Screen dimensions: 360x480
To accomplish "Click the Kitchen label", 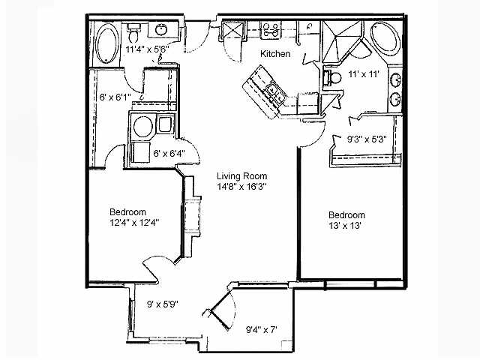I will [275, 54].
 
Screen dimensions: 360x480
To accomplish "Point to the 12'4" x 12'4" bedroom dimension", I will [133, 222].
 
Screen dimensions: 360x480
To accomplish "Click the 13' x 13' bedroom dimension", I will [345, 225].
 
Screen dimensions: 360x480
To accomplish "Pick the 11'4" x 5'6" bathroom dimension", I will [149, 49].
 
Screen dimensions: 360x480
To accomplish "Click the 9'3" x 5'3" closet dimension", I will [365, 139].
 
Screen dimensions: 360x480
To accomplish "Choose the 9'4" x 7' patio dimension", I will [262, 328].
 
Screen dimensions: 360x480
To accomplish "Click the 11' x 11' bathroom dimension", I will [365, 74].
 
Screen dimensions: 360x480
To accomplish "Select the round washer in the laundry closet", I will [142, 126].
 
